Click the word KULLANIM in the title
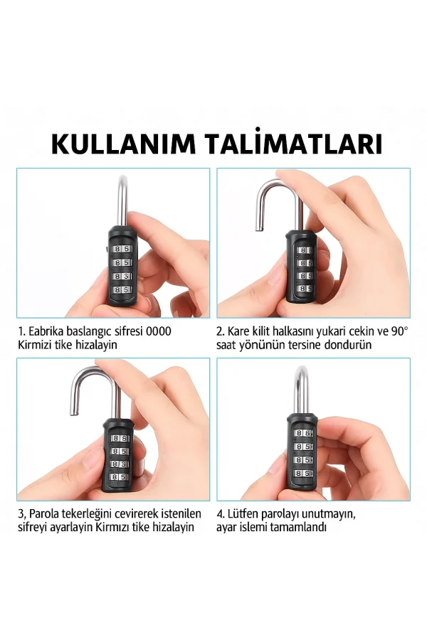pyautogui.click(x=122, y=144)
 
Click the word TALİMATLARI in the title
pyautogui.click(x=293, y=144)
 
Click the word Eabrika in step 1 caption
pyautogui.click(x=48, y=331)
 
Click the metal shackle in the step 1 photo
pyautogui.click(x=122, y=199)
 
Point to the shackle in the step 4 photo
pyautogui.click(x=302, y=388)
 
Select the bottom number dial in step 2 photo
pyautogui.click(x=304, y=288)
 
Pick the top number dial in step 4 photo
pyautogui.click(x=303, y=432)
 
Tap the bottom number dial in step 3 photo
pyautogui.click(x=120, y=476)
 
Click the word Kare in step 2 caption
pyautogui.click(x=238, y=331)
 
